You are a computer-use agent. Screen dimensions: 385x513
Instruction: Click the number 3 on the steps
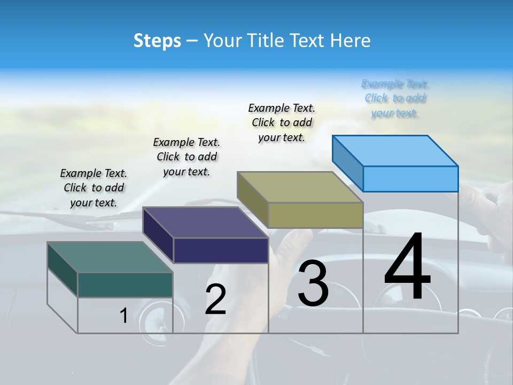[313, 283]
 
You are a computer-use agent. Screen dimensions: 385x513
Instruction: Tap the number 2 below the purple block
[215, 299]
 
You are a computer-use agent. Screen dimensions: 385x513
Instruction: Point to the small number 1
[123, 316]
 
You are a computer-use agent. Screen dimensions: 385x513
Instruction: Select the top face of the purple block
[205, 222]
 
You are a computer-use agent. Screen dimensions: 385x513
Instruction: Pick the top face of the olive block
[300, 187]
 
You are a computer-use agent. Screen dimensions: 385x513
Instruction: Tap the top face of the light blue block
[395, 150]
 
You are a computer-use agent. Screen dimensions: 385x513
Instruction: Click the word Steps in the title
[157, 41]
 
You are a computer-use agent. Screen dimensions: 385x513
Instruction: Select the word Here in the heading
[350, 41]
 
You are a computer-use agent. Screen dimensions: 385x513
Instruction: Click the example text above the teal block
[94, 188]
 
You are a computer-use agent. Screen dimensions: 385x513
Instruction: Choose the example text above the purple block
[186, 157]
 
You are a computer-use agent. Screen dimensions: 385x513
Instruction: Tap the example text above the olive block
[282, 122]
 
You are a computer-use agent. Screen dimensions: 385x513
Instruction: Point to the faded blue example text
[395, 98]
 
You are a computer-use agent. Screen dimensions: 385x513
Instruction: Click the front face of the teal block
[125, 284]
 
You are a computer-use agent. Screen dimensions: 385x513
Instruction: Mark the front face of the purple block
[221, 250]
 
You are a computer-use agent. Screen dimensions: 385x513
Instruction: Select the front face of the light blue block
[410, 179]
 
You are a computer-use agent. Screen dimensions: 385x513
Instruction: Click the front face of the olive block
[315, 215]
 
